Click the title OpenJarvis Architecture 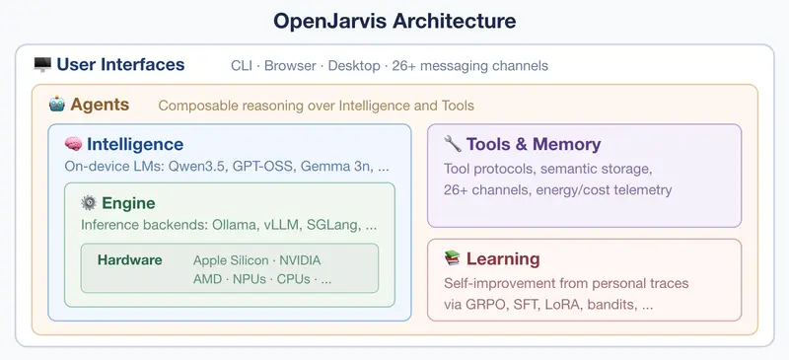point(394,20)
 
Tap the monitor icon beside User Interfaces point(41,65)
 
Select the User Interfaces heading point(120,65)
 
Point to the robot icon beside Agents point(56,104)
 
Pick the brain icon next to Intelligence point(72,144)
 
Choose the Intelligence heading point(134,144)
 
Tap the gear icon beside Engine point(89,203)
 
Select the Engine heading point(128,203)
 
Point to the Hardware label point(129,260)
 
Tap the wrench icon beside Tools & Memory point(453,144)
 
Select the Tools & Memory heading point(533,144)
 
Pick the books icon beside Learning point(452,258)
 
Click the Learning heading point(503,258)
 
